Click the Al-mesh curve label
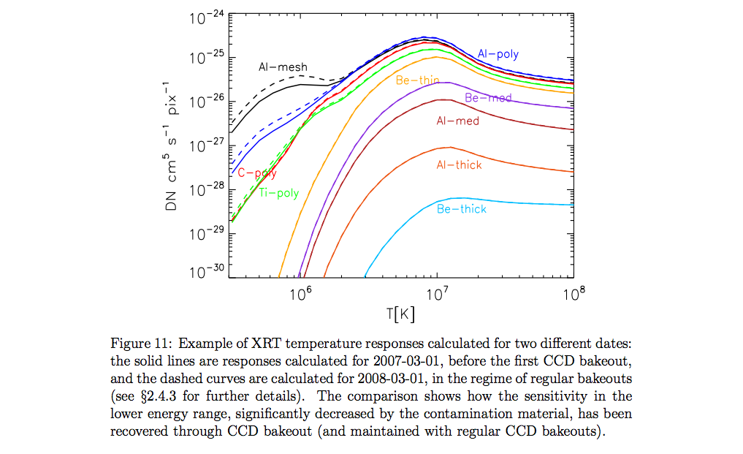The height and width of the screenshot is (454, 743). point(283,67)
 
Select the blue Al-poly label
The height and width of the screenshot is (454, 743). point(498,54)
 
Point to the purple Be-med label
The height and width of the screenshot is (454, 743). point(487,98)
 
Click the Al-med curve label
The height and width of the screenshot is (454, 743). point(457,121)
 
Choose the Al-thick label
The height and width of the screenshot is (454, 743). point(459,165)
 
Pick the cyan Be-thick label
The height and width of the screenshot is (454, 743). point(461,210)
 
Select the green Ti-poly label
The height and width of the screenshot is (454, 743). point(279,194)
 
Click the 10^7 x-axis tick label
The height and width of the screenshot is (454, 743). point(437,294)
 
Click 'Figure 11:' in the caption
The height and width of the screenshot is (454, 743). point(141,344)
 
